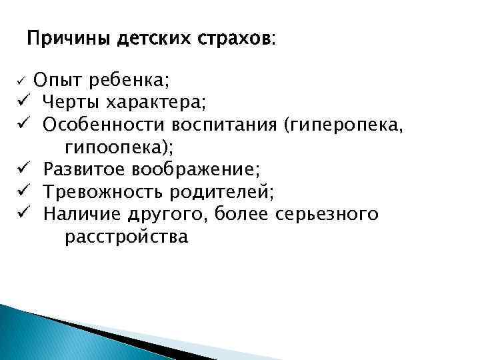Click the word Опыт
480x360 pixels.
pos(58,81)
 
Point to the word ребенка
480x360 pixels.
pos(129,82)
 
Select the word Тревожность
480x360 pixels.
pos(103,192)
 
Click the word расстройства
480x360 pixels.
pos(127,237)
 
